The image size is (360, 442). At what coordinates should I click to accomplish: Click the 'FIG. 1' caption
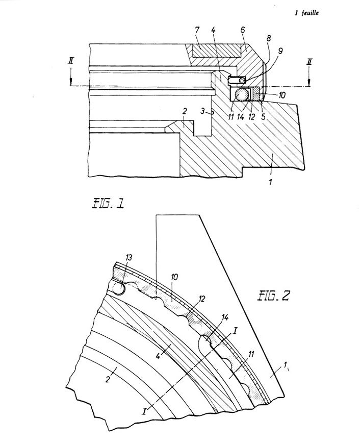coord(108,203)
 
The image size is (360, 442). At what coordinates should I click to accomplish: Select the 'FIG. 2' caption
coord(273,296)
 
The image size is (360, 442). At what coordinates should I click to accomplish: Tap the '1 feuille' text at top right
coord(306,13)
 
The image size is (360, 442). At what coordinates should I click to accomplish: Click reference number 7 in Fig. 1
coord(197,30)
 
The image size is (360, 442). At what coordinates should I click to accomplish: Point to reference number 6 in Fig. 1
coord(243,30)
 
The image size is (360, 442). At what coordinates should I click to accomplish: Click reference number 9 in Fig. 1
coord(280,51)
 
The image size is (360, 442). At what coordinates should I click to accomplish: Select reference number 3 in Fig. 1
coord(203,111)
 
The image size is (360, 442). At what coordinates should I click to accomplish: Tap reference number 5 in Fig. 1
coord(263,116)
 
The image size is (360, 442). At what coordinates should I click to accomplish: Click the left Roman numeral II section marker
coord(71,61)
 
